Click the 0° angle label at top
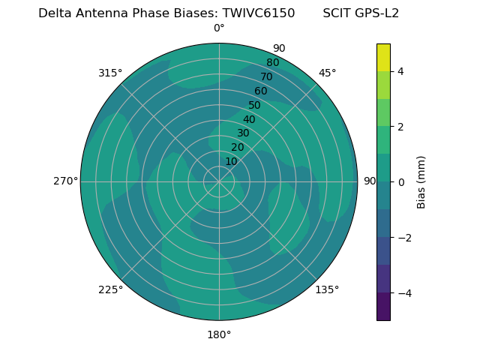[219, 28]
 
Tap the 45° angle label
[327, 73]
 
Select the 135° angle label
[327, 289]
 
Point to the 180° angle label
[219, 334]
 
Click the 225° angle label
[110, 289]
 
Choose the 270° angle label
[65, 181]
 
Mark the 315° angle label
[110, 73]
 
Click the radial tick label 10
[231, 161]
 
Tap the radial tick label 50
[254, 105]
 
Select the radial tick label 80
[272, 62]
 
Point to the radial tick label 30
[243, 133]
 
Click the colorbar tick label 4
[400, 71]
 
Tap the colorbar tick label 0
[400, 182]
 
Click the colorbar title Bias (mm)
[421, 182]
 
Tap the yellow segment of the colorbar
[383, 57]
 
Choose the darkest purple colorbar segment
[383, 307]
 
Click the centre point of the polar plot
[219, 181]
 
